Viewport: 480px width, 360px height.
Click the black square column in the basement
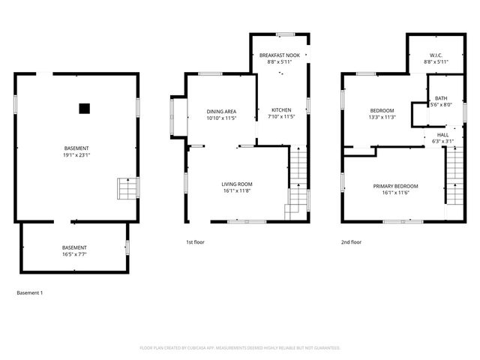pos(84,107)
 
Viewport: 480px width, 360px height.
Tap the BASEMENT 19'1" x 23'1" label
pos(77,151)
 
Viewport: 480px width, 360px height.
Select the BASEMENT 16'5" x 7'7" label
pos(73,251)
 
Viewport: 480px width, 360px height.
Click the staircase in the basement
pos(127,189)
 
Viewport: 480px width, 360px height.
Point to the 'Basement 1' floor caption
pos(29,292)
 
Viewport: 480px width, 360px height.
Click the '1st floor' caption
pos(195,242)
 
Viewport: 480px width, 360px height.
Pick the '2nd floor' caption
pos(351,242)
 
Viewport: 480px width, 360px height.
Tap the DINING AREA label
pos(221,115)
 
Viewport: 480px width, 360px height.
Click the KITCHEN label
pos(280,114)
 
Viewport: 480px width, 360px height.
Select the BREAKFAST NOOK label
pos(279,59)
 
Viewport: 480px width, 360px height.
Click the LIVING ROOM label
pos(236,187)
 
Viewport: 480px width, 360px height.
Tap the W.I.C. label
pos(436,59)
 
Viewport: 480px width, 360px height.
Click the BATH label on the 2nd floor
pos(441,102)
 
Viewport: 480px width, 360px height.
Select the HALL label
pos(442,137)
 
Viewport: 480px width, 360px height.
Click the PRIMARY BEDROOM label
pos(396,189)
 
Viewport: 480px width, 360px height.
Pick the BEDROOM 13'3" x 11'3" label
pos(382,114)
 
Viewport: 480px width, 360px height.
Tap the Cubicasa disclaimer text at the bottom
pos(240,348)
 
